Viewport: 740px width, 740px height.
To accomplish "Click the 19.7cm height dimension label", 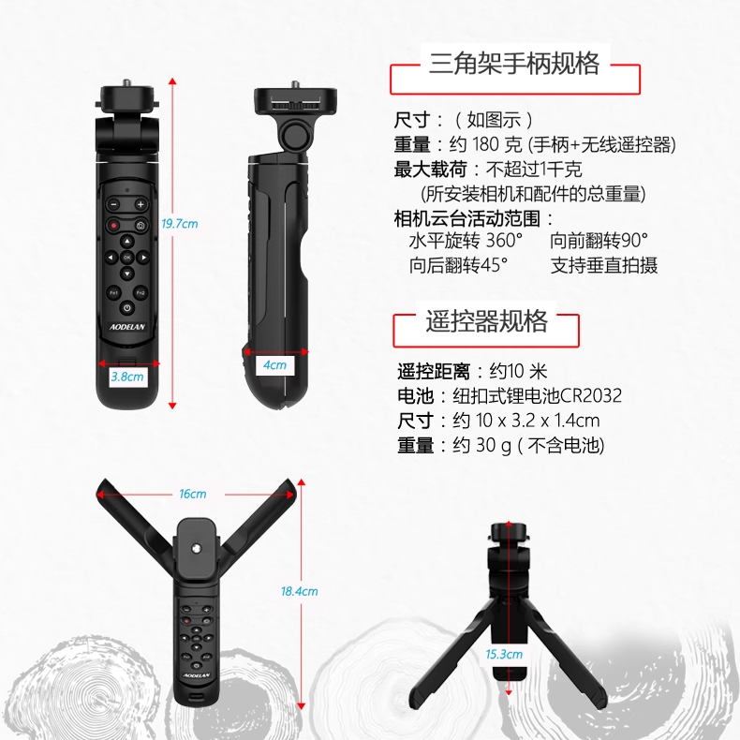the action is [x=179, y=224].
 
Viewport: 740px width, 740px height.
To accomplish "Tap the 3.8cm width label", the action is [x=127, y=377].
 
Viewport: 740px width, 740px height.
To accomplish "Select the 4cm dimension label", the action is [x=274, y=364].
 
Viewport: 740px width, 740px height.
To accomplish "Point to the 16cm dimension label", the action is [x=193, y=494].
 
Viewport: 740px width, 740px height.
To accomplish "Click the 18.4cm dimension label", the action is [x=299, y=591].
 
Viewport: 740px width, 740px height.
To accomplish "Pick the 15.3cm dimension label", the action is [x=504, y=654].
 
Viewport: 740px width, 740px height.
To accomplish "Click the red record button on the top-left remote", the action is [x=113, y=226].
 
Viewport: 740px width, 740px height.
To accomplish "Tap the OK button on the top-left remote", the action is [x=127, y=258].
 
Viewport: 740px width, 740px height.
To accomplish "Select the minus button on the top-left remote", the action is [x=113, y=205].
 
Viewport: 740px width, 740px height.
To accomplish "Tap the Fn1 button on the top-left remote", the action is [x=113, y=293].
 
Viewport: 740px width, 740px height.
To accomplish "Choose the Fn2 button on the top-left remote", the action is [x=141, y=293].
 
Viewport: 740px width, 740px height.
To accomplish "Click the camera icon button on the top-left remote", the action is [x=141, y=226].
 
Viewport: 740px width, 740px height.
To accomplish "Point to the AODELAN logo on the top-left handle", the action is [x=127, y=327].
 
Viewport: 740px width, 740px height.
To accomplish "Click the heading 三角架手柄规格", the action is [x=514, y=64].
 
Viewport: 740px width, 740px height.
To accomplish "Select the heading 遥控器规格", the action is [x=486, y=321].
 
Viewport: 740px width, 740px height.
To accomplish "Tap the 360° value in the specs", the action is [x=504, y=240].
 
